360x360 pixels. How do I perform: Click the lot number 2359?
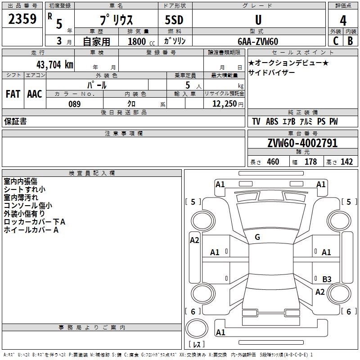coord(22,19)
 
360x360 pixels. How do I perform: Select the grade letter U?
coord(258,20)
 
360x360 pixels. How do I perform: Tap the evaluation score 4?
coord(343,21)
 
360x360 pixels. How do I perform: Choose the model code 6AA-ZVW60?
coord(258,41)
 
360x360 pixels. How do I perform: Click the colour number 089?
coord(75,104)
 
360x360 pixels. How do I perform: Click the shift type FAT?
coord(13,94)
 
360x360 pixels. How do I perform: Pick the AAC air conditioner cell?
coord(35,94)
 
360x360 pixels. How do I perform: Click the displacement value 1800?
coord(137,41)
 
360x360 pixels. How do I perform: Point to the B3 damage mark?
coord(327,279)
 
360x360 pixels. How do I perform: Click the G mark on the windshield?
coord(257,237)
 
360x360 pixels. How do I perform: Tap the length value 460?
coord(273,162)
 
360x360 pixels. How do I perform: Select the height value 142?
coord(346,162)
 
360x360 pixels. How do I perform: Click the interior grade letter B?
coord(350,41)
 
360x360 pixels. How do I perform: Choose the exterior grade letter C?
coord(335,41)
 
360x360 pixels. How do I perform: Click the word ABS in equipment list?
coord(272,121)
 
